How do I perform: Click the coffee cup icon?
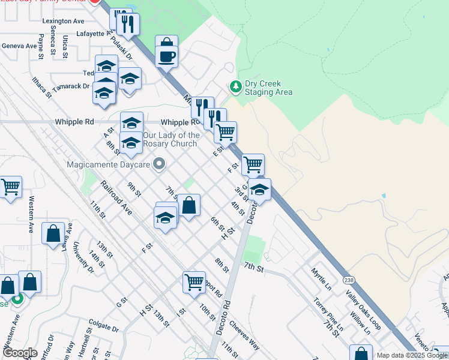tap(166, 57)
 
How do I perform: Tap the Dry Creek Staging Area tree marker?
tap(236, 87)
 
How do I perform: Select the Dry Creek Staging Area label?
tap(268, 88)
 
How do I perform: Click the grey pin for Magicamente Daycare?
tap(159, 163)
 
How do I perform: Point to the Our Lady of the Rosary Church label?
tap(170, 139)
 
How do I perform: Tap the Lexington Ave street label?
tap(63, 21)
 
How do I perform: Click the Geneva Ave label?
tap(19, 46)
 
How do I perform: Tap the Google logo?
tap(20, 353)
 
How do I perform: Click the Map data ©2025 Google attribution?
tap(411, 355)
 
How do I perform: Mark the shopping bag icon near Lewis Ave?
tap(53, 233)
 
